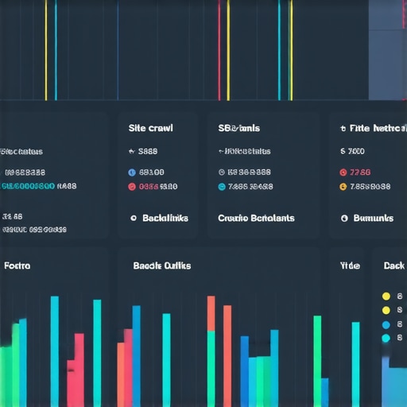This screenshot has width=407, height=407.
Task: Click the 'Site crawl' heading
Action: pos(150,127)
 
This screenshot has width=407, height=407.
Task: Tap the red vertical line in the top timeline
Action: pos(219,48)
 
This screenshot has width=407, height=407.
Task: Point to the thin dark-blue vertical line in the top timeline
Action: pos(118,48)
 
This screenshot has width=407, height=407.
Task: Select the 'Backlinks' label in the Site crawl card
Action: pos(165,218)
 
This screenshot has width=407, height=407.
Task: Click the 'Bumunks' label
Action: pos(373,218)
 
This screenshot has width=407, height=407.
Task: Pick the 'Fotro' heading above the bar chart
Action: pos(17,266)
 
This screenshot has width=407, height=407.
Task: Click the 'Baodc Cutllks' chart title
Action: pos(162,266)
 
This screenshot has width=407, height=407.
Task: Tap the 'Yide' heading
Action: pos(350,266)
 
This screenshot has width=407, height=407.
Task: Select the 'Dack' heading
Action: pos(393,266)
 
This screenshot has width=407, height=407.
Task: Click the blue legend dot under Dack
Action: pos(386,324)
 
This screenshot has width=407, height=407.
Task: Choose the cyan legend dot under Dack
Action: pos(386,339)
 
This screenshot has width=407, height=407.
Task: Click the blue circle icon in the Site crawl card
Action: pos(132,172)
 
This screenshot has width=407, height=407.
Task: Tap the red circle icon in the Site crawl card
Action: pos(132,187)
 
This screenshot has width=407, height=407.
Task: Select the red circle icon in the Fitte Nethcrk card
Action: pos(343,172)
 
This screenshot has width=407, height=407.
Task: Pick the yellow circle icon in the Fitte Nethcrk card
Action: pos(343,187)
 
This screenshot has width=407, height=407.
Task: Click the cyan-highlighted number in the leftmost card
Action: pos(28,186)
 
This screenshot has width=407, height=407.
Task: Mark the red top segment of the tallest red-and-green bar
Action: pos(211,313)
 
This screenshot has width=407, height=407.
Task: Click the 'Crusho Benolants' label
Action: pos(256,218)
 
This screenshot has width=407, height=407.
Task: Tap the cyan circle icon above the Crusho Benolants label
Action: pos(222,187)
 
